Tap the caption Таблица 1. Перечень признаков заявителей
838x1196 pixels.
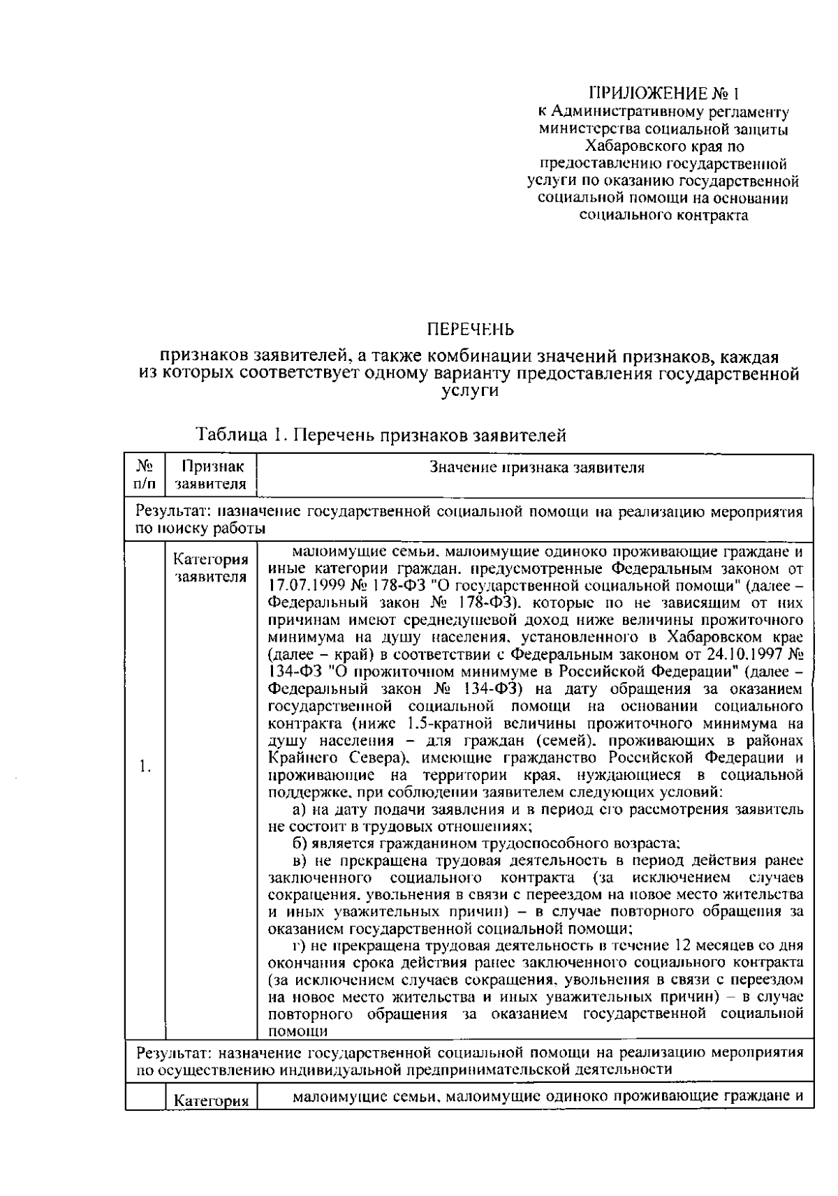381,436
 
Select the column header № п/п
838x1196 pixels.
145,474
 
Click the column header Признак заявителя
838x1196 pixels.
210,474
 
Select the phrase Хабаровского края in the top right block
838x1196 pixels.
638,147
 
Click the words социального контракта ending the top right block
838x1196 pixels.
663,215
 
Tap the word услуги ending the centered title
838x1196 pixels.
470,392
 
